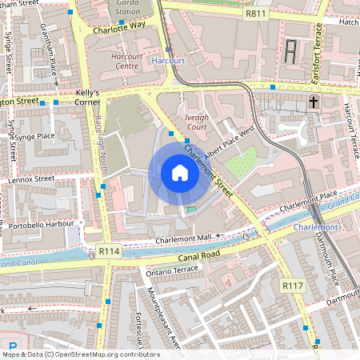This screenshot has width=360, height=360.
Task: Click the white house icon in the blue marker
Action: [180, 172]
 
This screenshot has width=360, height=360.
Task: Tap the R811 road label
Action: [256, 14]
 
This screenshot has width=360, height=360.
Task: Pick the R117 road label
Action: [292, 285]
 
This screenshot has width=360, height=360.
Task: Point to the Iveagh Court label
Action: [196, 122]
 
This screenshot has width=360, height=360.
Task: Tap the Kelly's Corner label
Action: [86, 98]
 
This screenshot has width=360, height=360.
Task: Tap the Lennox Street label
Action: [33, 179]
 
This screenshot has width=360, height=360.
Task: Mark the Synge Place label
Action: [34, 136]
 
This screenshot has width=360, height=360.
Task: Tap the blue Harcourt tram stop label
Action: [168, 60]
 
